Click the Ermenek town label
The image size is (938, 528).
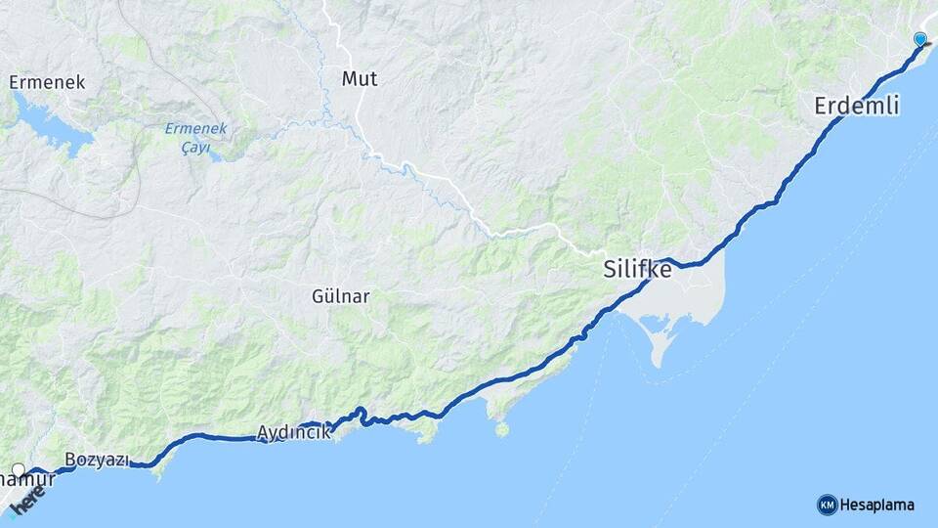47,82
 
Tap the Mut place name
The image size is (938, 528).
359,78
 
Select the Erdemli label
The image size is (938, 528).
856,107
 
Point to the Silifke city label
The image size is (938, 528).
638,269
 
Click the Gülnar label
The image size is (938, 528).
340,296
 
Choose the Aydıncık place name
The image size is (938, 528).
293,432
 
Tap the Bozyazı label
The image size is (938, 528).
97,460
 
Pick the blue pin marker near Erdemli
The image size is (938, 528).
919,39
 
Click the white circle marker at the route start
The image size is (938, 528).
18,470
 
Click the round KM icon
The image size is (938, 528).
827,505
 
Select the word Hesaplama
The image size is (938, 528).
877,505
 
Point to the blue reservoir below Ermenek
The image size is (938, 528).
49,127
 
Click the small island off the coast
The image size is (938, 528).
502,428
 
